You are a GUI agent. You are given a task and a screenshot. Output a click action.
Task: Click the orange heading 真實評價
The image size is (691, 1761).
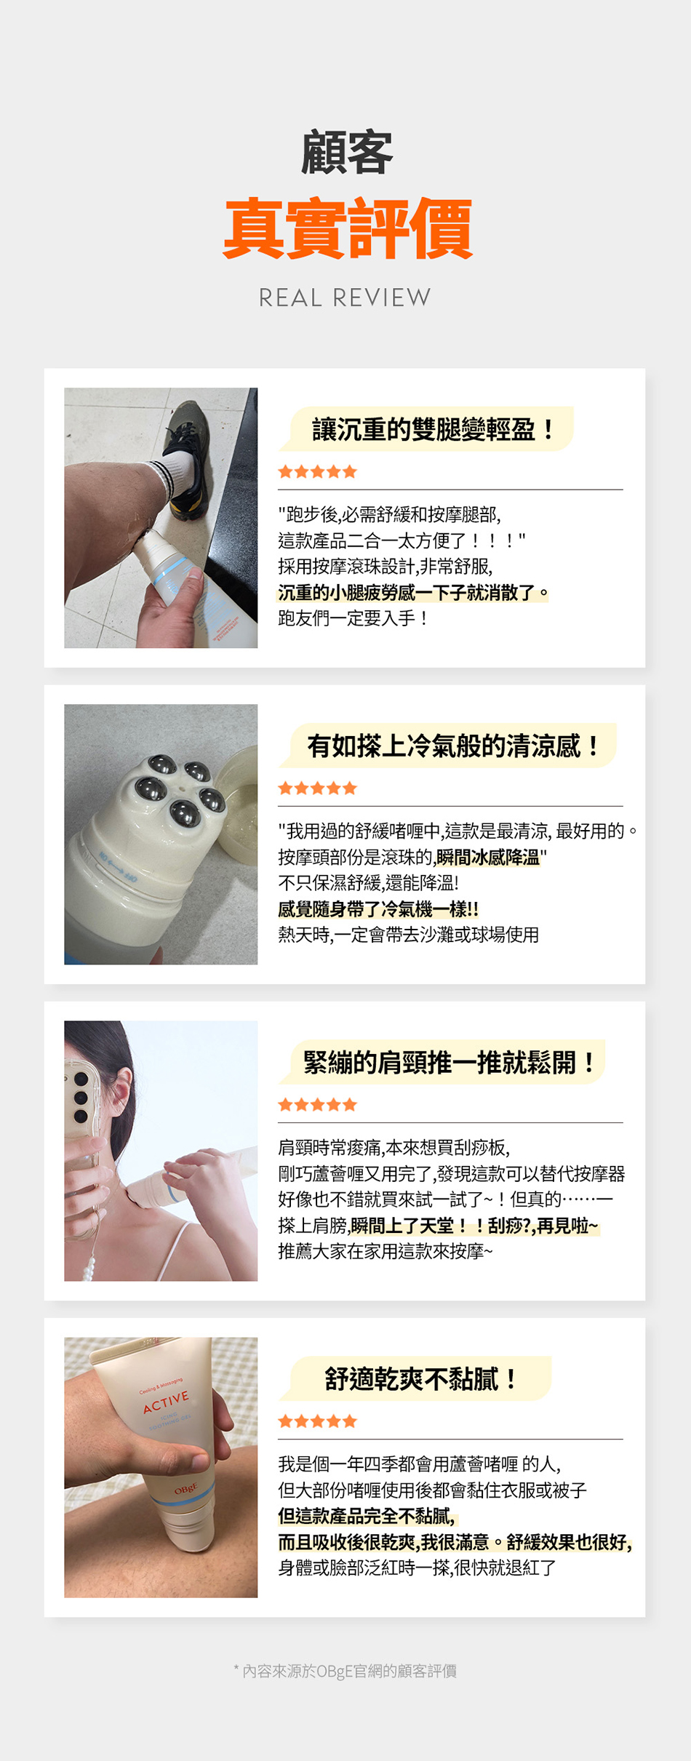(348, 228)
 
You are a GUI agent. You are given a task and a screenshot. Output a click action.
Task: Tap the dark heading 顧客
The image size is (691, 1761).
(347, 152)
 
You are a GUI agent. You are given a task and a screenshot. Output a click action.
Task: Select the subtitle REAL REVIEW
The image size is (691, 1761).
(345, 298)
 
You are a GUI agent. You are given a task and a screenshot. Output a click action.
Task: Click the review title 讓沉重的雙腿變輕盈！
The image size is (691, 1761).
(434, 429)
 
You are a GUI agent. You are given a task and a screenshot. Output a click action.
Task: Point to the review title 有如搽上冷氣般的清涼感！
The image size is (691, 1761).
(454, 746)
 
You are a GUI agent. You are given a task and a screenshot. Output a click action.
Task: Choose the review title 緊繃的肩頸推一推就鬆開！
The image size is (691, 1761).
(450, 1062)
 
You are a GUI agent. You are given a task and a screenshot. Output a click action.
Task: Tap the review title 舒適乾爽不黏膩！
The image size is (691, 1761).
(420, 1378)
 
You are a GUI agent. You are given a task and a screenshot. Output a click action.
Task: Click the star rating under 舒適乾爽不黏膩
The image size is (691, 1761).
(318, 1421)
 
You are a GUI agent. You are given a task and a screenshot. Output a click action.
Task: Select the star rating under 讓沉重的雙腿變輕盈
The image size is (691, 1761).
(318, 471)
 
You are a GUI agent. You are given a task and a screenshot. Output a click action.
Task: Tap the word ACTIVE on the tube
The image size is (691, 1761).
(166, 1402)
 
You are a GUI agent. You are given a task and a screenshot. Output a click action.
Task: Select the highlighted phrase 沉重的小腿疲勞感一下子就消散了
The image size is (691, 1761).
(413, 593)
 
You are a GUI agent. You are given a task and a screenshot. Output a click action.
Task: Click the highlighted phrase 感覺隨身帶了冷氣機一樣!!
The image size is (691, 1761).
(378, 909)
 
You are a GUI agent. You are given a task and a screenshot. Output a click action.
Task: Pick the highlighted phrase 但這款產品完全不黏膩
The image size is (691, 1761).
(367, 1517)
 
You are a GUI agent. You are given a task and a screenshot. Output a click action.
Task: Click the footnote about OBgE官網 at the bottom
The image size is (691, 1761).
(345, 1671)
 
